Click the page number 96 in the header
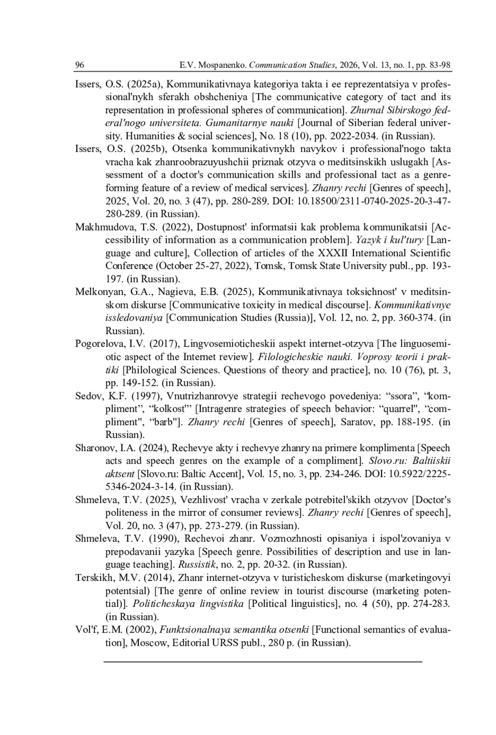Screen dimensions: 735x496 [79, 65]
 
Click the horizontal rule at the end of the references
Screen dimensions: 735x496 [263, 662]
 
